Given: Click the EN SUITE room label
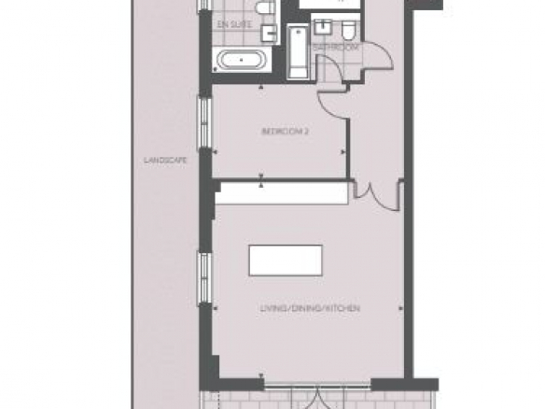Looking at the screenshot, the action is [x=234, y=24].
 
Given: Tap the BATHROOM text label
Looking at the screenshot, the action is [x=335, y=48].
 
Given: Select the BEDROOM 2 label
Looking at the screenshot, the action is [x=285, y=132].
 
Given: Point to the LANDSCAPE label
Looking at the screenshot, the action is [x=165, y=161].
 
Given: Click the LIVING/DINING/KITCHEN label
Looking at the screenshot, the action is [x=310, y=308].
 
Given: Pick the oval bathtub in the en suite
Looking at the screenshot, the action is [x=242, y=60].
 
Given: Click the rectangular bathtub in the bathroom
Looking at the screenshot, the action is [x=298, y=52].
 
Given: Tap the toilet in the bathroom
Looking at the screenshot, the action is [x=348, y=29].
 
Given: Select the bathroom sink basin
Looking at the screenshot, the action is [x=324, y=27].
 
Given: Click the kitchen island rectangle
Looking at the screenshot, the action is [x=286, y=261].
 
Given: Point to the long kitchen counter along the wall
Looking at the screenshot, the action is [x=282, y=193].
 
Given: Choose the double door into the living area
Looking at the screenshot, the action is [x=378, y=197].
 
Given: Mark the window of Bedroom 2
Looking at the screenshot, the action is [x=204, y=123].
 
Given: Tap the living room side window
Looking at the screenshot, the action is [x=204, y=278].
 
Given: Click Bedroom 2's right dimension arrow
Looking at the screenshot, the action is [x=343, y=152].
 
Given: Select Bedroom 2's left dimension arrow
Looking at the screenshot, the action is [x=216, y=152].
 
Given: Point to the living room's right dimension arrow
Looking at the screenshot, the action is [x=400, y=308].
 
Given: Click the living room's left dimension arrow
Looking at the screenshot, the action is [x=216, y=308].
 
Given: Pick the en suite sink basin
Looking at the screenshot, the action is [x=269, y=33].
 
